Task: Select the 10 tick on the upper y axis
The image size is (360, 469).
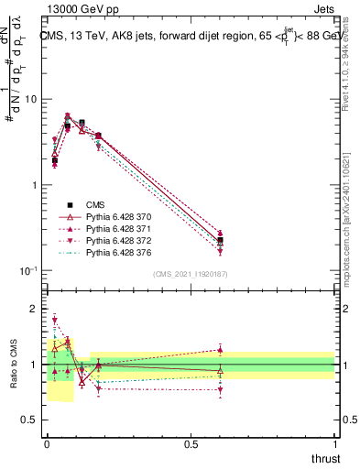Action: (x=32, y=99)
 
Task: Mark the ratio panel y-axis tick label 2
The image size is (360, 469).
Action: (x=35, y=309)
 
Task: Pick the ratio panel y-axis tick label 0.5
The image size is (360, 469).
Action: (x=30, y=421)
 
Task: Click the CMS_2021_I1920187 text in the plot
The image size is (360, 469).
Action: (x=191, y=275)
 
